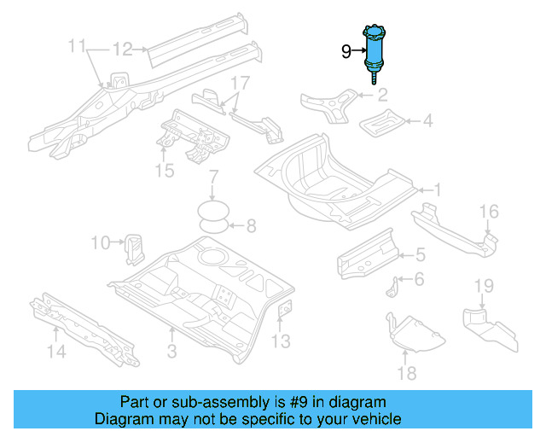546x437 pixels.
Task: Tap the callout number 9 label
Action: [x=346, y=52]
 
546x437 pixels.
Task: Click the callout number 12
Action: [x=123, y=49]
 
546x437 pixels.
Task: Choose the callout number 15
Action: [x=165, y=172]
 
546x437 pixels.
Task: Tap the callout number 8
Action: [x=251, y=226]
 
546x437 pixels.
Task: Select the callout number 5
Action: [x=420, y=253]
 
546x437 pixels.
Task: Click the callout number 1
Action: [x=437, y=190]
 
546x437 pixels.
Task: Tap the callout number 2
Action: [x=382, y=95]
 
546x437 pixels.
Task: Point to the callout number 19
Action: [x=483, y=285]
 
